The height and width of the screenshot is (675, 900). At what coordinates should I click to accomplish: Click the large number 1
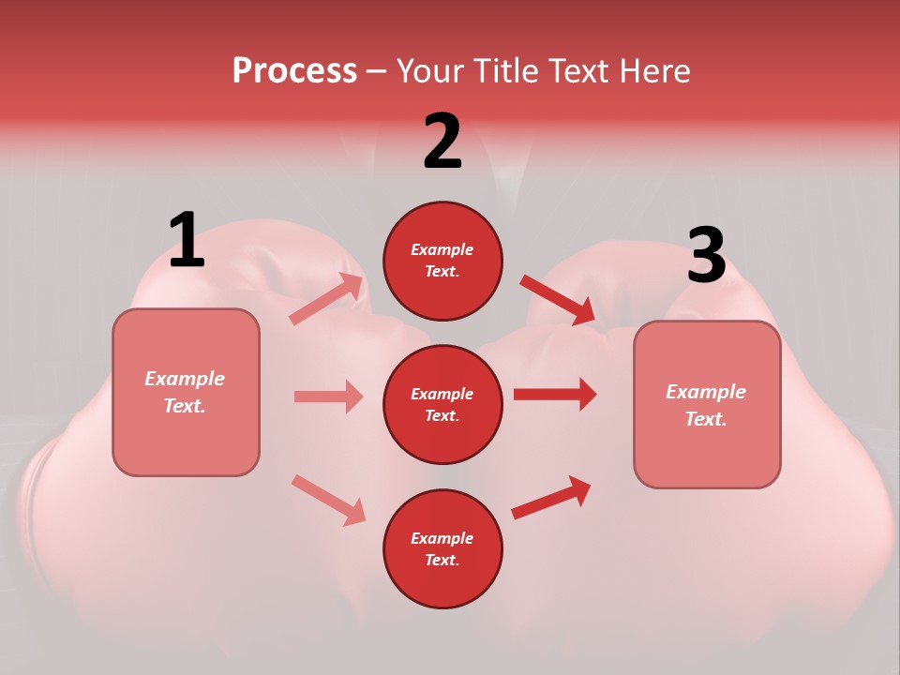click(187, 240)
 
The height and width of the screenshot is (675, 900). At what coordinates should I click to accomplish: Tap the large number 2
click(442, 141)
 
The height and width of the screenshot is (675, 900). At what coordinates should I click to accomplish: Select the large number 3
click(706, 255)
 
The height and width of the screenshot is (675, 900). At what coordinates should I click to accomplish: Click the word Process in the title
click(294, 70)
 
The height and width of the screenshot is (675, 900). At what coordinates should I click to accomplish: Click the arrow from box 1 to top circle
click(327, 299)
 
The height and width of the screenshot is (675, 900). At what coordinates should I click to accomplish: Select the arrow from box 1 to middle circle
click(328, 397)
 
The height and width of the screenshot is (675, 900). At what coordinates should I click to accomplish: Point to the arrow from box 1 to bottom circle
click(328, 499)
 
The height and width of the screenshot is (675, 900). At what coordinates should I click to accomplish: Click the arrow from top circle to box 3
click(557, 299)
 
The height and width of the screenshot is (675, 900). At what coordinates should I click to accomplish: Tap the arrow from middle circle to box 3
click(555, 394)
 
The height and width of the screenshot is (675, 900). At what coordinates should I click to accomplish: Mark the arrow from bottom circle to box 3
click(551, 498)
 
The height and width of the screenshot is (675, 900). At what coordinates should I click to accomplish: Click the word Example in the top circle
click(442, 249)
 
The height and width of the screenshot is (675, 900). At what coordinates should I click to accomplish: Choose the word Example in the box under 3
click(706, 392)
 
